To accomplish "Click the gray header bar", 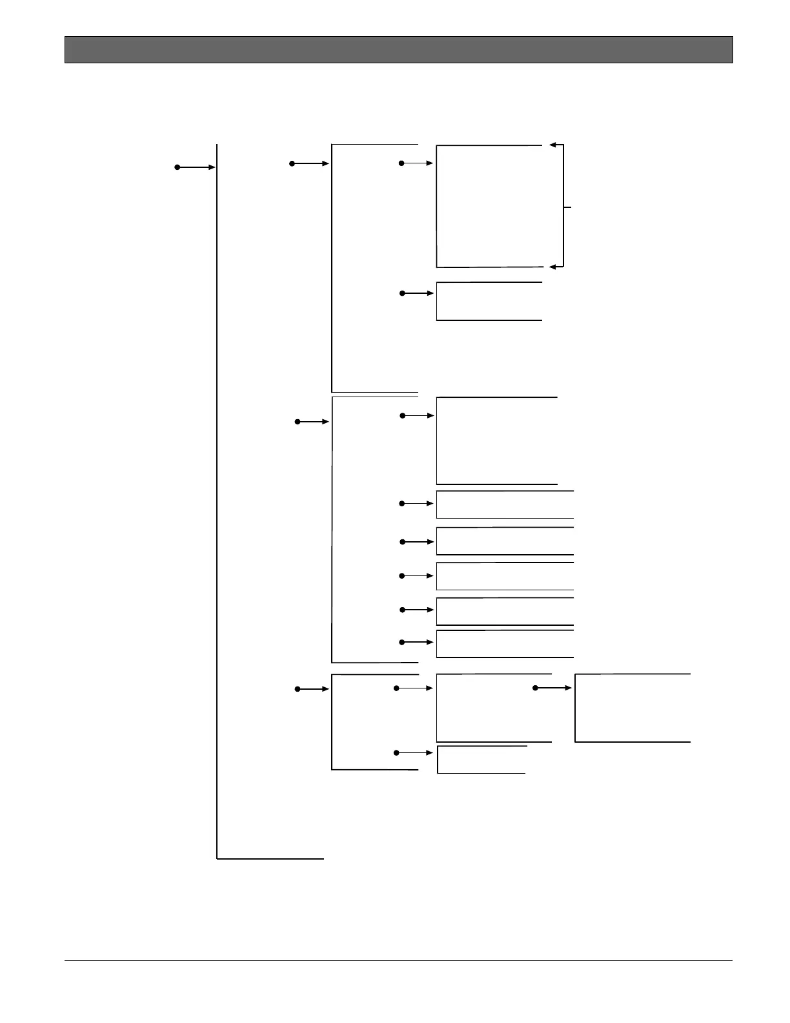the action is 398,50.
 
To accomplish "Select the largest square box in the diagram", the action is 489,207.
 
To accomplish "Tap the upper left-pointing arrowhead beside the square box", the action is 552,145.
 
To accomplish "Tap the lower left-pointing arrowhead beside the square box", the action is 552,267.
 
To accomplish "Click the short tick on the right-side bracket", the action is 568,207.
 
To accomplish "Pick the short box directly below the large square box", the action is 489,301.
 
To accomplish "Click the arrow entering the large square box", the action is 417,163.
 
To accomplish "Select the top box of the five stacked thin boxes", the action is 505,504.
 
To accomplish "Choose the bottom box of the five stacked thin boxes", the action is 505,644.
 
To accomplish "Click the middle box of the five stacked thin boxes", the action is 505,576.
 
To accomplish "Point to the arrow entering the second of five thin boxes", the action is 417,542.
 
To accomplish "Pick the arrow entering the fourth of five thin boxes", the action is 417,610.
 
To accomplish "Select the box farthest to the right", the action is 633,708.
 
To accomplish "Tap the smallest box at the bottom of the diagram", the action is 481,759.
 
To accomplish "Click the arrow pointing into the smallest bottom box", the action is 414,753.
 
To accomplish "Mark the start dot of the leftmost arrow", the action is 177,167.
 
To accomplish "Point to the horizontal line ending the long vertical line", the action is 270,859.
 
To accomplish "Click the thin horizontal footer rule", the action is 398,960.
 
